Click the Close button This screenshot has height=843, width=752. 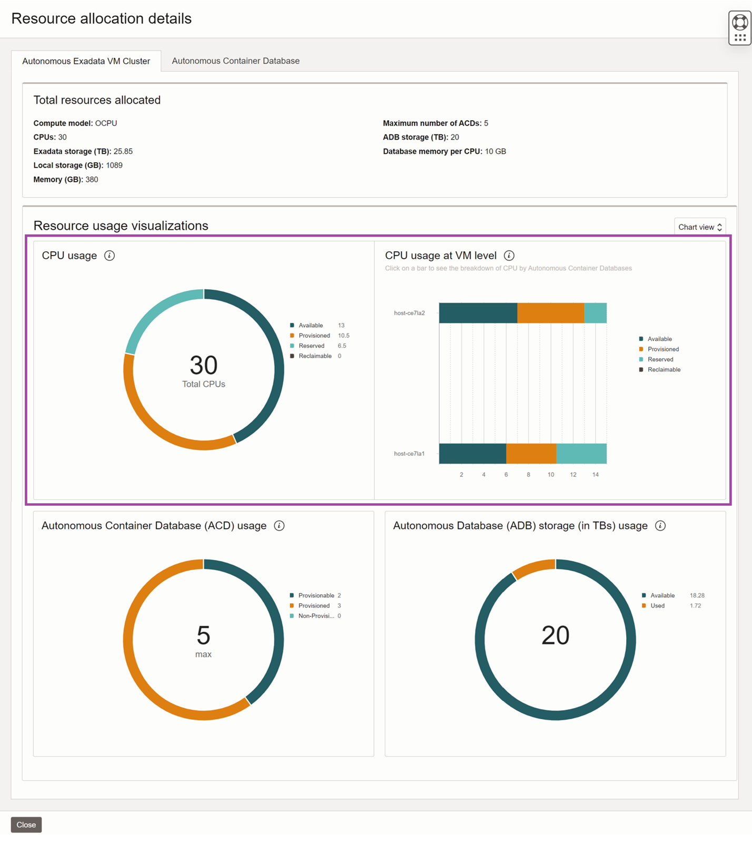(26, 825)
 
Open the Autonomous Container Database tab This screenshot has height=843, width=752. (235, 61)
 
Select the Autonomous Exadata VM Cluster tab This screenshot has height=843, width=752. (86, 61)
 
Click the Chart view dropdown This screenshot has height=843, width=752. (699, 227)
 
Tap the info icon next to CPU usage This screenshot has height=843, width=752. (110, 256)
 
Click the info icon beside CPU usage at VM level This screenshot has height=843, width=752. (509, 256)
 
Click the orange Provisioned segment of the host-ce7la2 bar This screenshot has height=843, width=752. (550, 313)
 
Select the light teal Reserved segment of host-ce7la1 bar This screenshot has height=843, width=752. (581, 454)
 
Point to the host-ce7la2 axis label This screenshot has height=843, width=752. (409, 313)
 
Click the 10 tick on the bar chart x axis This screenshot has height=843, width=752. (550, 475)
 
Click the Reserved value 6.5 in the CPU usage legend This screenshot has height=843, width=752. (342, 346)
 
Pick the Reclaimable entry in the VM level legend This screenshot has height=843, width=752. (664, 369)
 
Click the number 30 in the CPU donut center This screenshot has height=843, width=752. (203, 365)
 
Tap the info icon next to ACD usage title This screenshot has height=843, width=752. (279, 526)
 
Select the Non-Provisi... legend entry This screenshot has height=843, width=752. (315, 616)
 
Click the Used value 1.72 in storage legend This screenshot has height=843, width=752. (695, 605)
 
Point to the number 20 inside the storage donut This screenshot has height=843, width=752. (555, 635)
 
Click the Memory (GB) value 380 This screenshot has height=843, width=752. (92, 180)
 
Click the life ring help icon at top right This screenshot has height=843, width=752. (739, 23)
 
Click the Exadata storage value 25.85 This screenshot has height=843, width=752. (123, 151)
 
